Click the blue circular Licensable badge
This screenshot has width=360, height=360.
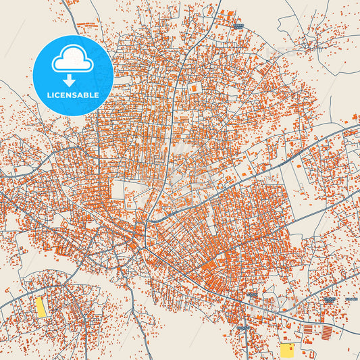point(72,75)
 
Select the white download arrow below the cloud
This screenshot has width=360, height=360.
point(72,80)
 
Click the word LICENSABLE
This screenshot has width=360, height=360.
point(72,95)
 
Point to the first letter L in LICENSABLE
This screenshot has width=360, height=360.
point(49,95)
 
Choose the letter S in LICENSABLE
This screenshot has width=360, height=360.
point(75,95)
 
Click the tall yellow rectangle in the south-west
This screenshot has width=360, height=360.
point(41,307)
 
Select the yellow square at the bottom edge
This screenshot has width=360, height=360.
point(288,351)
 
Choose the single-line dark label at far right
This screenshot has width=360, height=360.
point(351,298)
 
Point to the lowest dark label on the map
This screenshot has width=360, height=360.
point(242,327)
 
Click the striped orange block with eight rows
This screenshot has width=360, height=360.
point(327,332)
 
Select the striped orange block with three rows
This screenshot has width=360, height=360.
point(308,331)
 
